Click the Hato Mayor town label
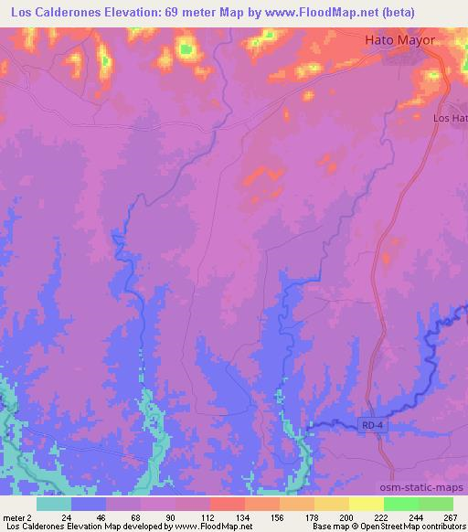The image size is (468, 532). coord(399,41)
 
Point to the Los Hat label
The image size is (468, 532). coord(450,119)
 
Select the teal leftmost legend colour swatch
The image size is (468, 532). coord(54,503)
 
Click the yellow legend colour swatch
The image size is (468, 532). coord(367,503)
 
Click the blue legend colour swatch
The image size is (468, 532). coord(89,503)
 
